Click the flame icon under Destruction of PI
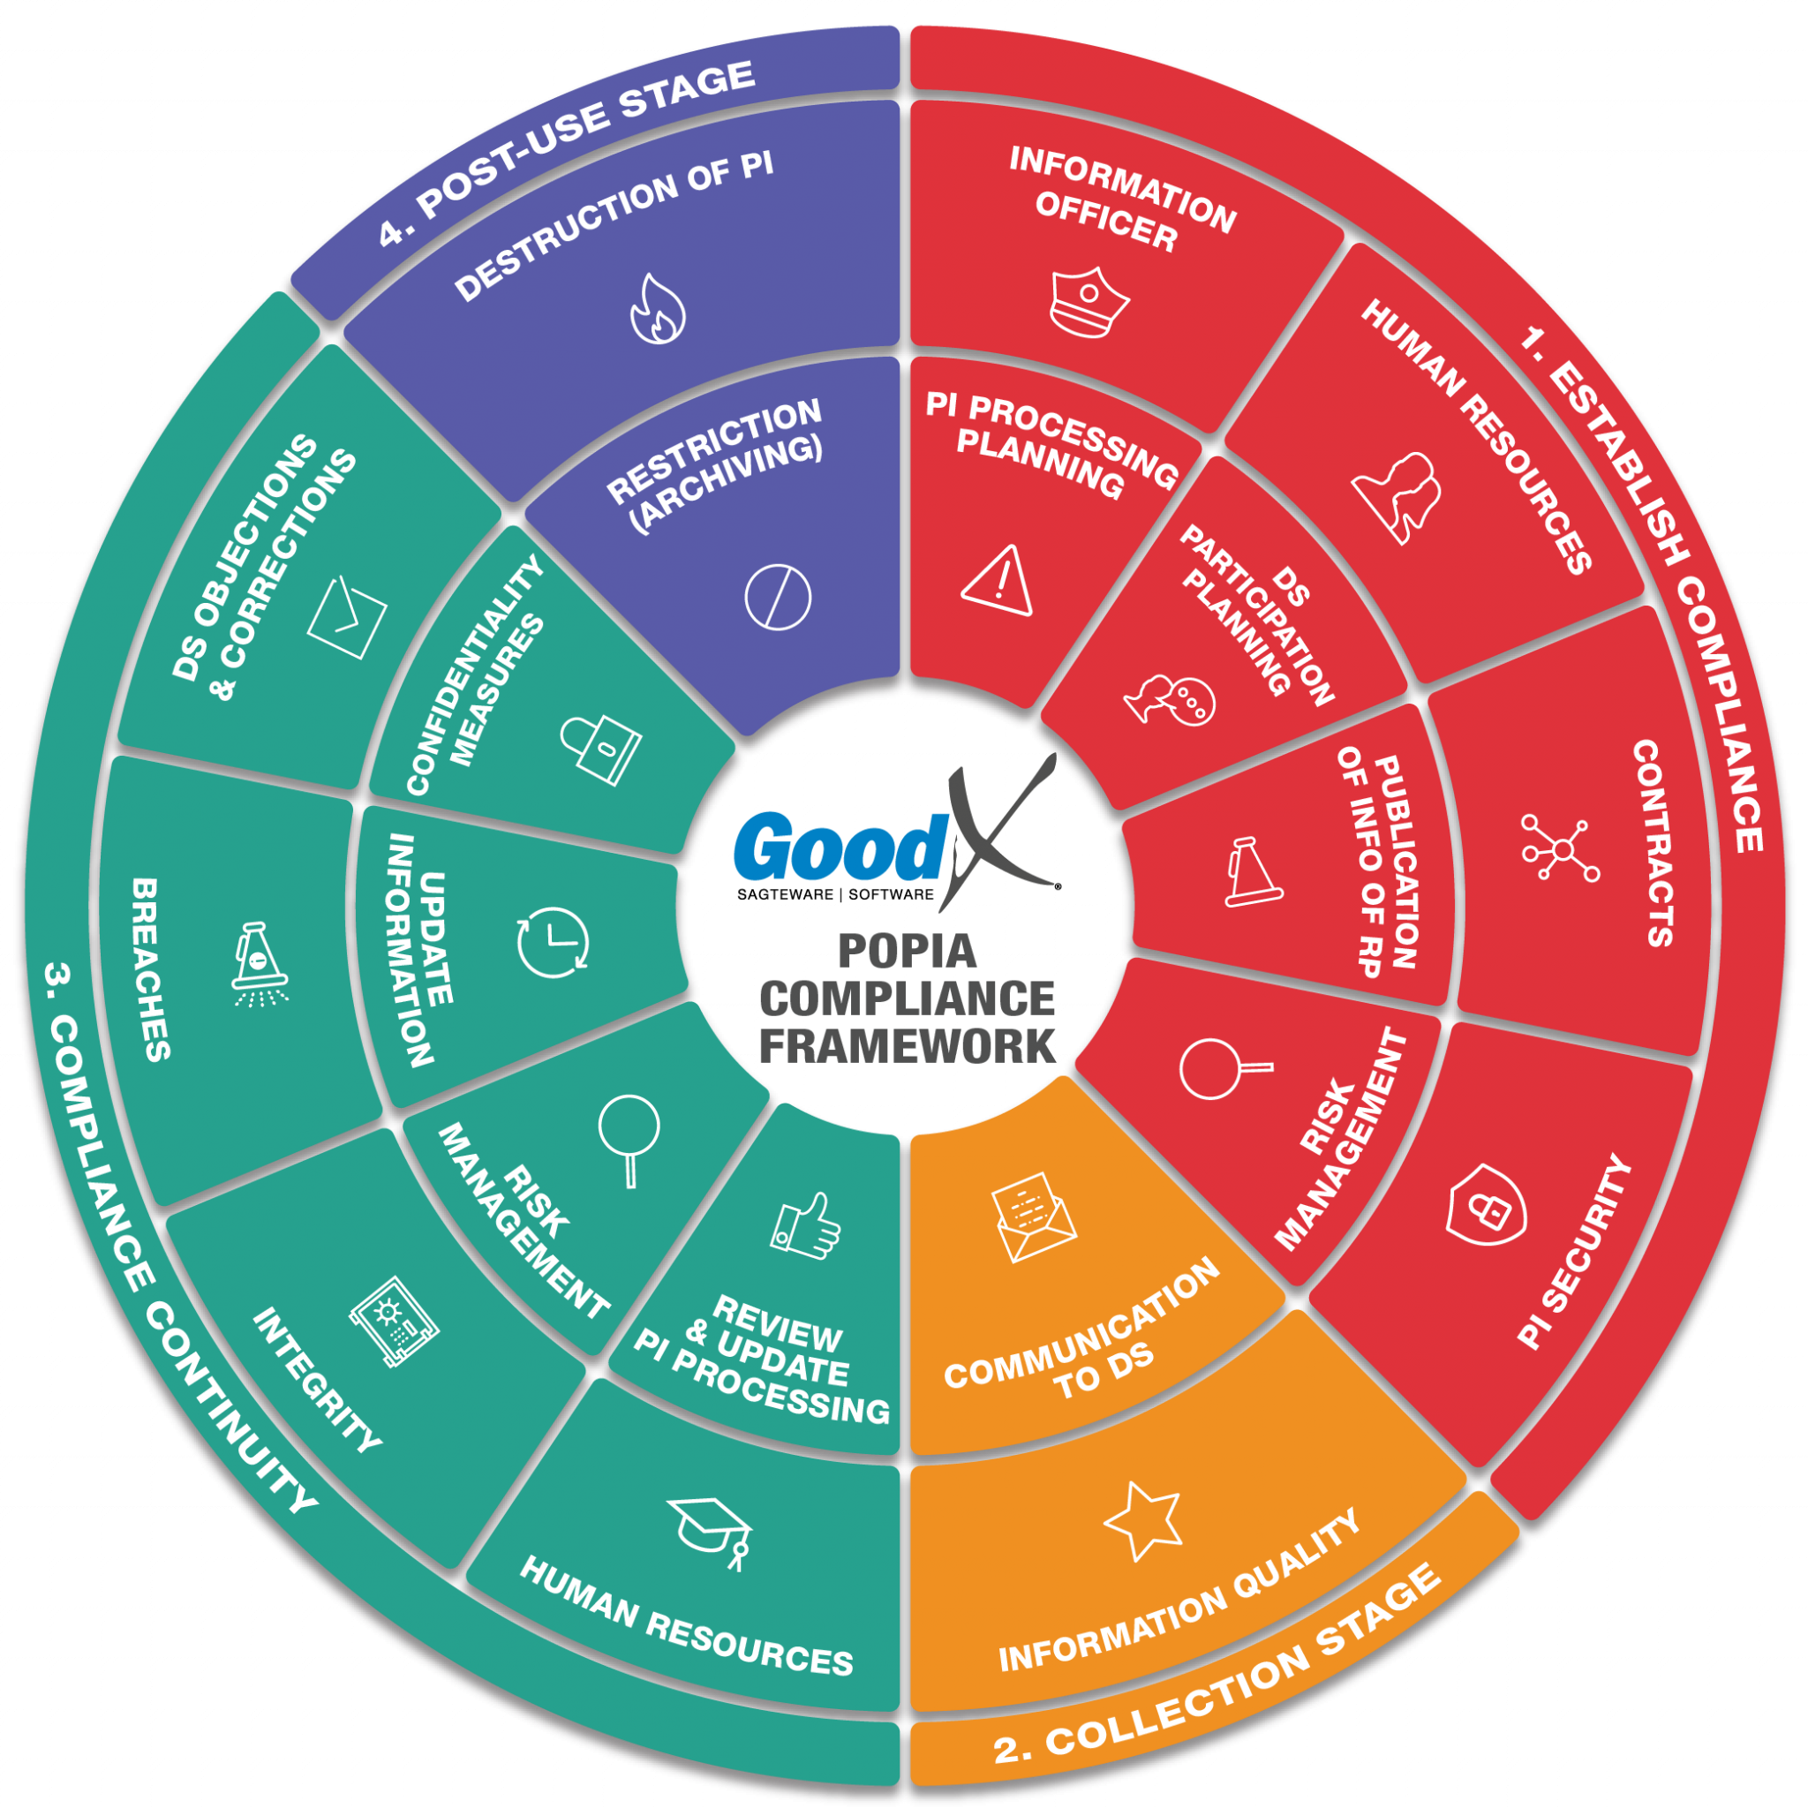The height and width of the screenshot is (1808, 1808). [x=658, y=309]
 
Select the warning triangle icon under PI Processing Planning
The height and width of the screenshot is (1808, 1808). [x=998, y=581]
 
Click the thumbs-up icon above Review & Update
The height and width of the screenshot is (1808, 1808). [x=806, y=1225]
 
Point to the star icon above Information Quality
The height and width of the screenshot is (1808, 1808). [x=1142, y=1521]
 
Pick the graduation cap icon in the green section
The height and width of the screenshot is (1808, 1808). [x=712, y=1531]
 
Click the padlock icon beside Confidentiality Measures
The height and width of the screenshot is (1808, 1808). [x=601, y=749]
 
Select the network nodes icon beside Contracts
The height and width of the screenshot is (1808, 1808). [x=1560, y=848]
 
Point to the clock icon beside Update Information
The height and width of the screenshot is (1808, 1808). [x=553, y=941]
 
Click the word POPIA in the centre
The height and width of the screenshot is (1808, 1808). [x=907, y=952]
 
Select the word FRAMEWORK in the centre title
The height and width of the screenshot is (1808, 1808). [x=907, y=1046]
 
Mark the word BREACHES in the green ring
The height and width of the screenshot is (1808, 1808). [x=152, y=968]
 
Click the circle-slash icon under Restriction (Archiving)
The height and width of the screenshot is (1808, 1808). [x=778, y=597]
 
